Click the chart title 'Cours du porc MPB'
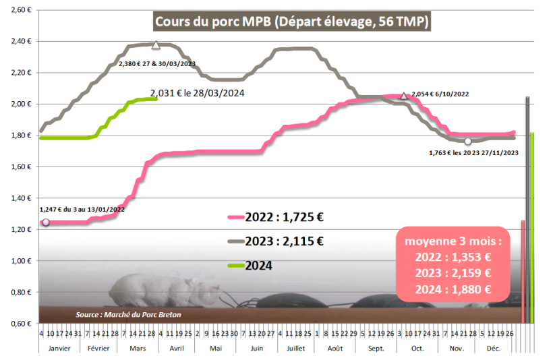pyautogui.click(x=292, y=22)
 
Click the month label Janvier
pyautogui.click(x=59, y=349)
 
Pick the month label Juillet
pyautogui.click(x=295, y=349)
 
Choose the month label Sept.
pyautogui.click(x=377, y=349)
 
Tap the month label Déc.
pyautogui.click(x=493, y=349)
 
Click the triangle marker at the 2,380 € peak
pyautogui.click(x=156, y=45)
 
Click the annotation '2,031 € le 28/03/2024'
pyautogui.click(x=197, y=93)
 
